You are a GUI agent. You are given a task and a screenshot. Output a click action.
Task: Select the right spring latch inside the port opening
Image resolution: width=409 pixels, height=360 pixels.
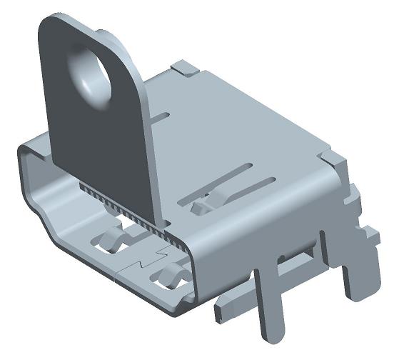[x=171, y=274]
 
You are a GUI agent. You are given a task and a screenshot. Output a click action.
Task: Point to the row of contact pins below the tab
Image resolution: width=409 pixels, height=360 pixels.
[x=121, y=206]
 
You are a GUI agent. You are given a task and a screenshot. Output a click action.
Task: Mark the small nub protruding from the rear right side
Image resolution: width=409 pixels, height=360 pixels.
[x=369, y=233]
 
